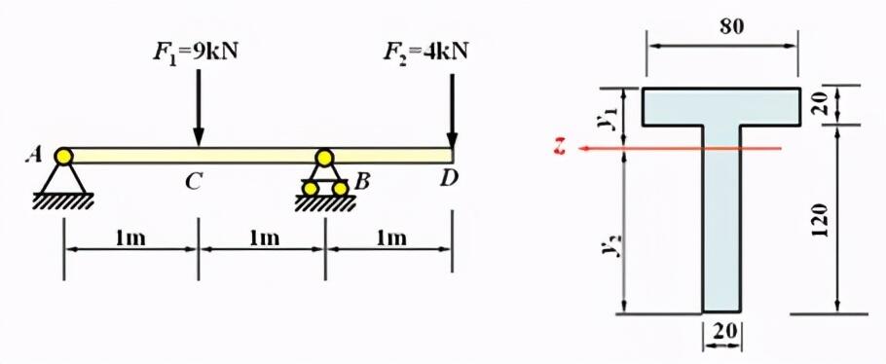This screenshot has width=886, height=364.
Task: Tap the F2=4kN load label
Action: point(426,53)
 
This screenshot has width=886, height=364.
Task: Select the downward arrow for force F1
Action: point(199,108)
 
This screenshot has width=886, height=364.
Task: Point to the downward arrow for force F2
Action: point(452,111)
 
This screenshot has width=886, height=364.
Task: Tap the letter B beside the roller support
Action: point(361,182)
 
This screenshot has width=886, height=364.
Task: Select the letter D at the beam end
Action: point(450,179)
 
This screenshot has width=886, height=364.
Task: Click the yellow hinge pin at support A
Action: point(64,155)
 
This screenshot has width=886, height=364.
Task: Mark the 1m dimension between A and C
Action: point(130,238)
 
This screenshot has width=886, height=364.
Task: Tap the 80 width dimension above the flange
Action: point(732,27)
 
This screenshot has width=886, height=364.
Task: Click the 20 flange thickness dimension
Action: point(822,103)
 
